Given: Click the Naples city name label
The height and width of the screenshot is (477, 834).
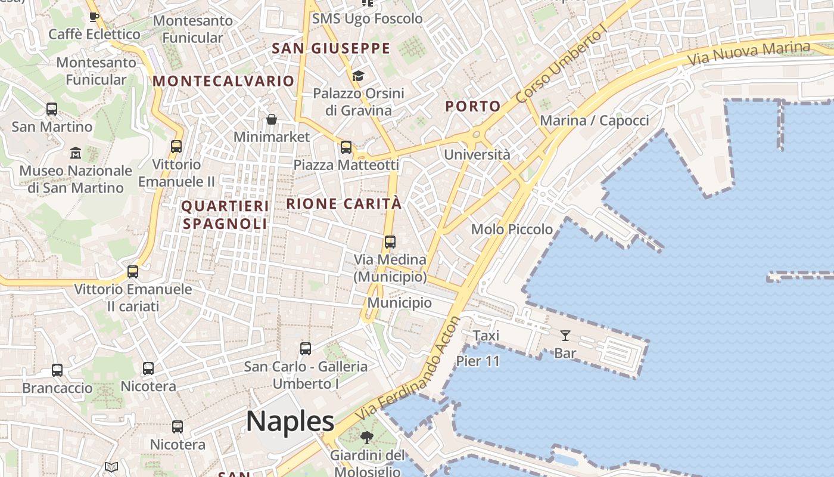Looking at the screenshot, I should pos(290,422).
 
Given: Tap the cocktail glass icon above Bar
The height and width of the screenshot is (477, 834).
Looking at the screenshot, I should pos(565,336).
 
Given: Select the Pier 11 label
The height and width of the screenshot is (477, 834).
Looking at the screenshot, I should pos(478,361).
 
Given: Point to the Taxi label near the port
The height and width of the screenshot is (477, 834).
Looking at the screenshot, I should pos(486,336).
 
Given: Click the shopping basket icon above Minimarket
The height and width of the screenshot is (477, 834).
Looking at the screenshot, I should pos(272,119).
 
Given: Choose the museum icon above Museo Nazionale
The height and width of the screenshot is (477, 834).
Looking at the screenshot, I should pos(76,153).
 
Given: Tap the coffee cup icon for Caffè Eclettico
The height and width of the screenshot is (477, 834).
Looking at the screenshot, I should pos(94,17).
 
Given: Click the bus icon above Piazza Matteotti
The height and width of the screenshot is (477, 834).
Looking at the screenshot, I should pos(346,147).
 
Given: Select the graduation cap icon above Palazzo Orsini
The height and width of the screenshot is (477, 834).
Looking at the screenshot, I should pos(358,76).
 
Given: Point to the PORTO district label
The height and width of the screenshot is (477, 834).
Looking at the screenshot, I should pos(473,107).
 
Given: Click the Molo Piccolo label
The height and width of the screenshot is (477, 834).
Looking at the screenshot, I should pos(512,229).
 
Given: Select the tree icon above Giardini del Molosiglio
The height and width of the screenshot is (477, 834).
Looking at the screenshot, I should pos(366,438).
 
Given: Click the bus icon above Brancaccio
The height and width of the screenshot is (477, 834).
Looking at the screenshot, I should pos(57,370).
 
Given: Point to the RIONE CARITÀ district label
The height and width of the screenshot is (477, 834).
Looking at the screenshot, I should pos(344,203).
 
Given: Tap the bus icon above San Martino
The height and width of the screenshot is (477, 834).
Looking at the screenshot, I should pos(52,109).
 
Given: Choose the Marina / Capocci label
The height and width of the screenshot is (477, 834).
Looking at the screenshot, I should pos(594,120).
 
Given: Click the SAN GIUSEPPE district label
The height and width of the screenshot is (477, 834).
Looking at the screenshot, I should pos(331,48).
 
